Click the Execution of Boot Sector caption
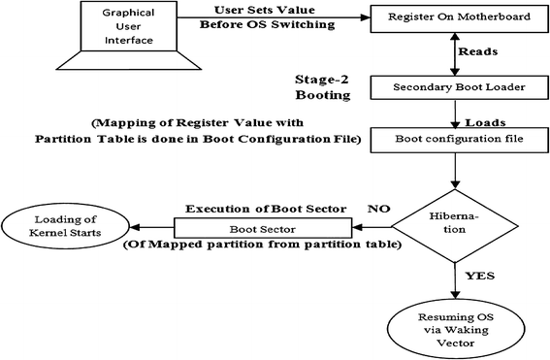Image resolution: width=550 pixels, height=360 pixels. tap(255, 208)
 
